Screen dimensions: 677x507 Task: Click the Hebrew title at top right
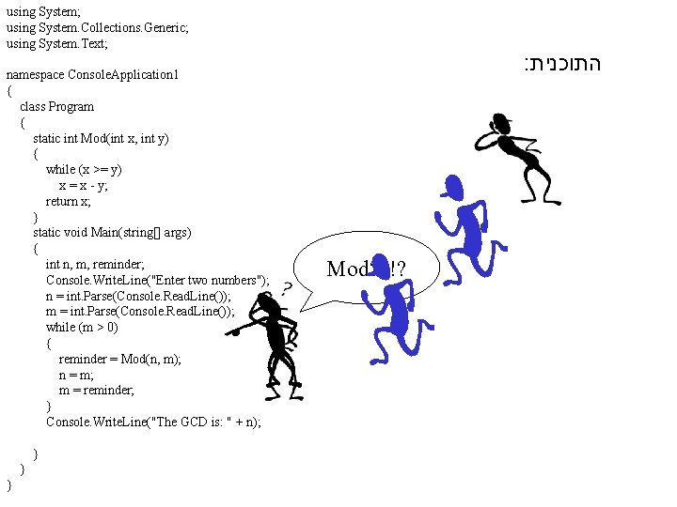point(561,66)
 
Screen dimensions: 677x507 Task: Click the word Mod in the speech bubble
point(346,269)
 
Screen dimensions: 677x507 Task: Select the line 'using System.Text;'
point(57,43)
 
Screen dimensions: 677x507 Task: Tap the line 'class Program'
point(56,106)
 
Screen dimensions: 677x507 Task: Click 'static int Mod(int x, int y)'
point(101,138)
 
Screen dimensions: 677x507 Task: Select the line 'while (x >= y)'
point(84,170)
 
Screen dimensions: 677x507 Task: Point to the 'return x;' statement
point(69,202)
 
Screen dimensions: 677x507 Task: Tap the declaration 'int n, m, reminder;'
point(96,265)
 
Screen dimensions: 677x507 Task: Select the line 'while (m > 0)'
point(83,328)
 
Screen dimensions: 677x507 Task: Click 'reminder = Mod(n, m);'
point(118,360)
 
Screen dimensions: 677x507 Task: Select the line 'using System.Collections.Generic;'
point(97,28)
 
